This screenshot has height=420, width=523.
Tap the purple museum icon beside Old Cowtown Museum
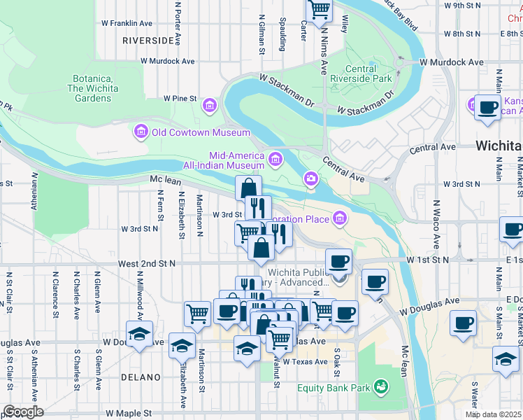click(141, 132)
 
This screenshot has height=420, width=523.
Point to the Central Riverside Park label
click(361, 74)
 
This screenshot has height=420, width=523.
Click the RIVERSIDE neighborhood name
click(147, 41)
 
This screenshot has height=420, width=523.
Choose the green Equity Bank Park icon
click(380, 386)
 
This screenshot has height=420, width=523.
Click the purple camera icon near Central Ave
click(310, 180)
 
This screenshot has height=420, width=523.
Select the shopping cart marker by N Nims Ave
click(319, 9)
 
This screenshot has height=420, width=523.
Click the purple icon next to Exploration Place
click(340, 218)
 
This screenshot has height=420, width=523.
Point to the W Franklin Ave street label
click(127, 22)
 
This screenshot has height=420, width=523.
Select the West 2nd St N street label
click(146, 263)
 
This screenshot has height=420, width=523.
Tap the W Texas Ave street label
click(305, 362)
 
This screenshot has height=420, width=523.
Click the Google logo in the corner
click(23, 412)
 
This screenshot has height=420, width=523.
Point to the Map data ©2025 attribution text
click(494, 414)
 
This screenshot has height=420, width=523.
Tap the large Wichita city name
click(498, 146)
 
